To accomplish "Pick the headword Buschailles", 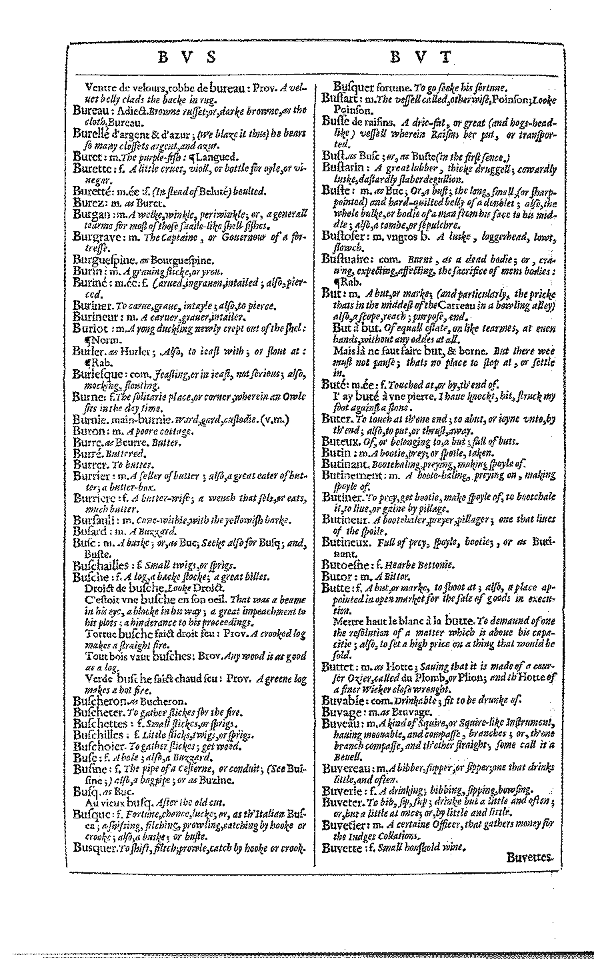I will point(101,566).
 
